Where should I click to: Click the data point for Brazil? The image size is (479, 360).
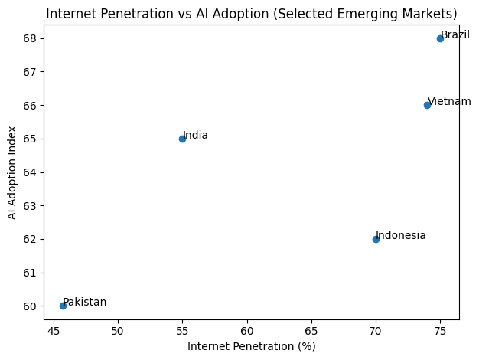pos(440,38)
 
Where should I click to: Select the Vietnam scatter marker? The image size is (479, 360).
pos(427,105)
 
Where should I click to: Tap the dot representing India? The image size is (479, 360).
pos(182,139)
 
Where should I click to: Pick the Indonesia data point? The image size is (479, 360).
pos(376,239)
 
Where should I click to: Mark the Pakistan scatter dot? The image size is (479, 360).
pos(63,306)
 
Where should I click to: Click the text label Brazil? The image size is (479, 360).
pos(455,35)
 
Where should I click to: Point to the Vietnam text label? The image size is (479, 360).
pos(449,102)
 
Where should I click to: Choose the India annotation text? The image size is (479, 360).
pos(195,136)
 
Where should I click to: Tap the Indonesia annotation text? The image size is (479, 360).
pos(401,236)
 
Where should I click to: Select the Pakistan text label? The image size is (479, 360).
pos(85,303)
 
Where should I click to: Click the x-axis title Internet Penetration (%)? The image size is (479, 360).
pos(252,346)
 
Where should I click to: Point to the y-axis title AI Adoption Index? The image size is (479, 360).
pos(12,172)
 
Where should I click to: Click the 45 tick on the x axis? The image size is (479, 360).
pos(54,331)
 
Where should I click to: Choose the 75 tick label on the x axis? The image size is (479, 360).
pos(440,331)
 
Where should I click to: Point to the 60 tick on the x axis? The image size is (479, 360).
pos(247,331)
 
